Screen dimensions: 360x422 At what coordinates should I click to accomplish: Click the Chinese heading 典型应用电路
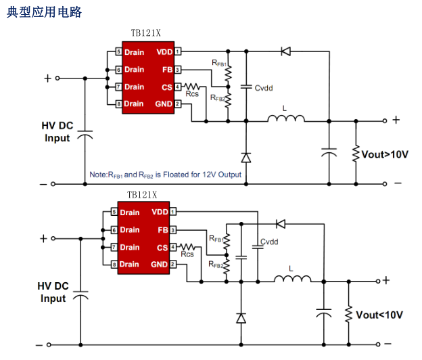coord(44,12)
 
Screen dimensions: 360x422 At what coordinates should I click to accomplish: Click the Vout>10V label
coord(385,155)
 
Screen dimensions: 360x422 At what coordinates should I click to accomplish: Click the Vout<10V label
coord(379,315)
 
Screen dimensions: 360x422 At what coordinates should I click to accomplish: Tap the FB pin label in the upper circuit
coord(167,69)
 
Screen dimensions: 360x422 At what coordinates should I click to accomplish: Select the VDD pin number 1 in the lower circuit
coord(173,212)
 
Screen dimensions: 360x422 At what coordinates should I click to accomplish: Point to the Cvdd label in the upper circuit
coord(264,88)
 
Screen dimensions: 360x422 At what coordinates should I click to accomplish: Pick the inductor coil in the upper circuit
coord(285,119)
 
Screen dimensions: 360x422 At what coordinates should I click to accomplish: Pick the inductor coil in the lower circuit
coord(292,279)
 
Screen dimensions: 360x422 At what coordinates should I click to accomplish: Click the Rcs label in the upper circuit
coord(192,95)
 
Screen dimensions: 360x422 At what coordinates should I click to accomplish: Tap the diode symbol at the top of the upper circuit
coord(286,51)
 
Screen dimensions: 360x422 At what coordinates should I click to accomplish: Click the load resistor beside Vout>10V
coord(354,154)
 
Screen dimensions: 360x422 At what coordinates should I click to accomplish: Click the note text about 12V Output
coord(165,175)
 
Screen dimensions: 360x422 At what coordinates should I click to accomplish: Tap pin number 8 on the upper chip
coord(118,104)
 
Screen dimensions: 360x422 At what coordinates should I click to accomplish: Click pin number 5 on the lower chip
coord(115,212)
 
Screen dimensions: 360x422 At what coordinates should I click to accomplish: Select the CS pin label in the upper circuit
coord(167,87)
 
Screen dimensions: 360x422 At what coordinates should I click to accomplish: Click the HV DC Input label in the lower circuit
coord(53,292)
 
